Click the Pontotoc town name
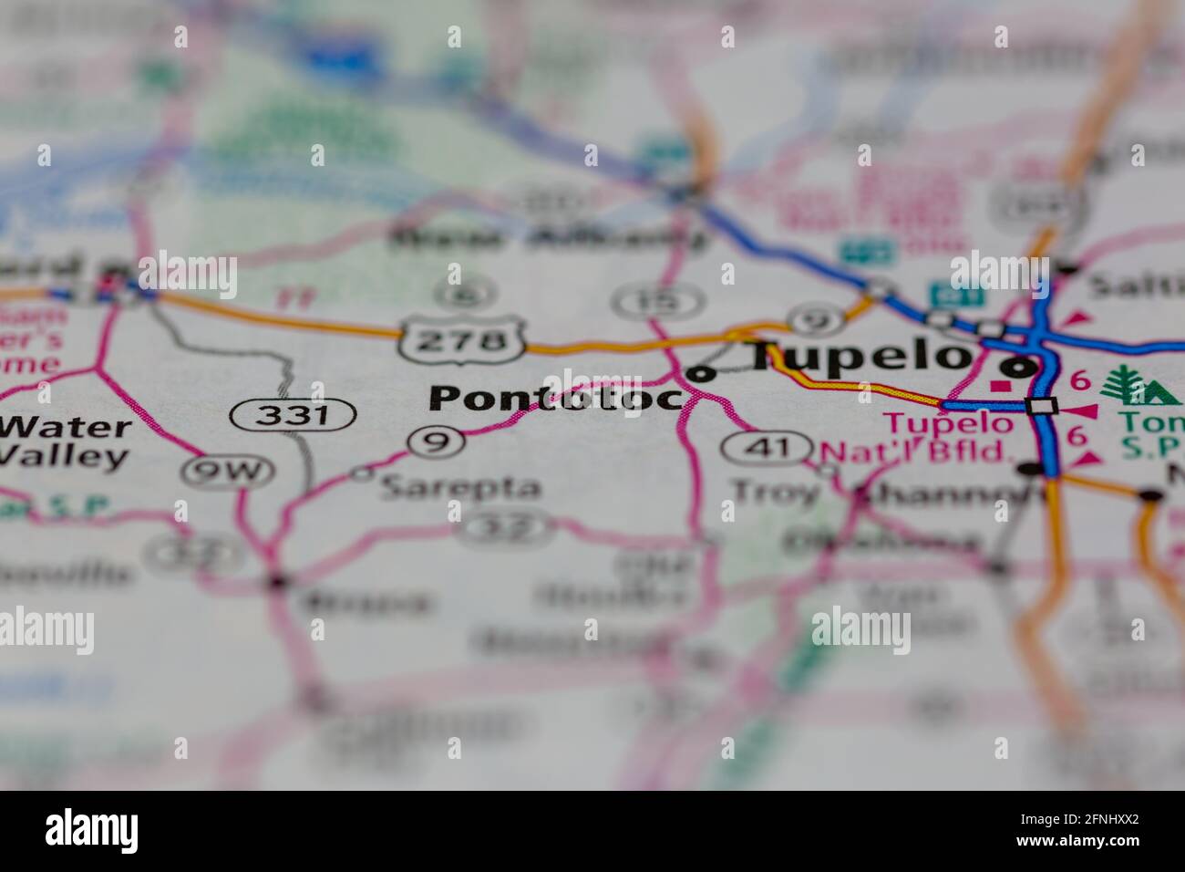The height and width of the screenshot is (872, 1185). pyautogui.click(x=556, y=398)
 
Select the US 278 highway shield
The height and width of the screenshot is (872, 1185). pyautogui.click(x=465, y=340)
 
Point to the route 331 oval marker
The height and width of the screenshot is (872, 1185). pyautogui.click(x=292, y=416)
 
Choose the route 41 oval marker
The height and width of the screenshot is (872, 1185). pyautogui.click(x=767, y=447)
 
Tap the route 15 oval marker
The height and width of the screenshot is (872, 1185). pyautogui.click(x=657, y=299)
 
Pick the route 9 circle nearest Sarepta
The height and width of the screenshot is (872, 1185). pyautogui.click(x=437, y=442)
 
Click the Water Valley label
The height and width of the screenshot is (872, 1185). pyautogui.click(x=66, y=441)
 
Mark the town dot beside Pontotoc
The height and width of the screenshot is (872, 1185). pyautogui.click(x=701, y=372)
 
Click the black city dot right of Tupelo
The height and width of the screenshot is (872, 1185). pyautogui.click(x=1018, y=369)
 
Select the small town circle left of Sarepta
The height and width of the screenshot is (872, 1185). pyautogui.click(x=361, y=472)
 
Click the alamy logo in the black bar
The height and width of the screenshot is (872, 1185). pyautogui.click(x=92, y=830)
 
